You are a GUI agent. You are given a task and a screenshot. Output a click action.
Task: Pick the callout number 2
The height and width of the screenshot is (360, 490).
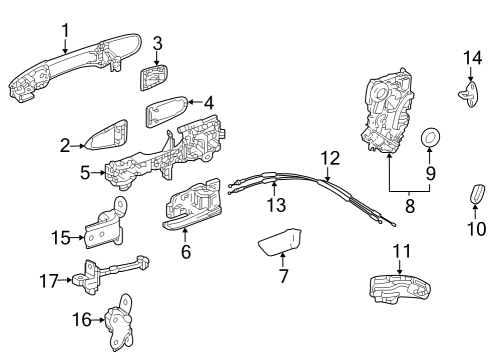(66, 146)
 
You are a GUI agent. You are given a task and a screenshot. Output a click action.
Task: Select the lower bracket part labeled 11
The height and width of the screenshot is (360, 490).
(402, 288)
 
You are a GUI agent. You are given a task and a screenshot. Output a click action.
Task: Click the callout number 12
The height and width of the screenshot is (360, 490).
(330, 157)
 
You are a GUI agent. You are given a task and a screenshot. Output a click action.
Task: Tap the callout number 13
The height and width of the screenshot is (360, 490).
(275, 204)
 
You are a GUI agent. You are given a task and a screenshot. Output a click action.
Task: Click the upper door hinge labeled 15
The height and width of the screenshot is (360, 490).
(109, 231)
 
